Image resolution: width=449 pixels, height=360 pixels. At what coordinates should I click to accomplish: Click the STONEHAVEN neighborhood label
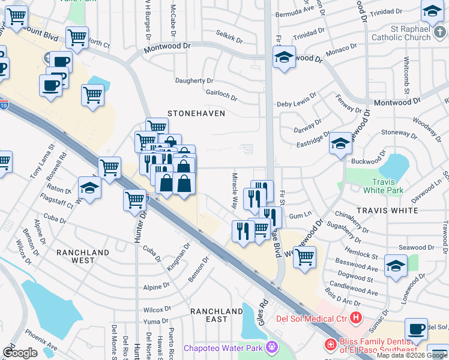click(196, 113)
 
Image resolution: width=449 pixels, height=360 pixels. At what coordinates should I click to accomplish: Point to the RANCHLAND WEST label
click(83, 257)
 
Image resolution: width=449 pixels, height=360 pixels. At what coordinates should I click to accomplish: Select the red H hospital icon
click(356, 317)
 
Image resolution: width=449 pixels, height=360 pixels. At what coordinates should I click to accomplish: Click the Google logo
click(20, 353)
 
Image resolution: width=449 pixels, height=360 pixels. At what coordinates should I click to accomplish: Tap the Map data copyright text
click(411, 355)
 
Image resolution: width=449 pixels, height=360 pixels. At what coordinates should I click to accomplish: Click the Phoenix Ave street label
click(41, 339)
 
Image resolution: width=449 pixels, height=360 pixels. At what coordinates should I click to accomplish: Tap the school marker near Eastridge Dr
click(340, 143)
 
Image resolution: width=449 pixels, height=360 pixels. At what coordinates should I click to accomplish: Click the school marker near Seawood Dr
click(396, 266)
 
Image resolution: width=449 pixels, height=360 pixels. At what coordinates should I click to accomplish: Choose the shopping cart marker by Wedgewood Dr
click(305, 257)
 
